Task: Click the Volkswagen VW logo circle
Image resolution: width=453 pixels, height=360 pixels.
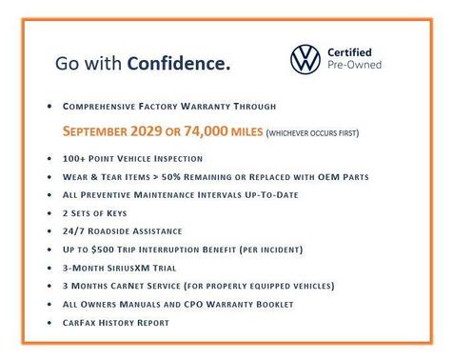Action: point(305,59)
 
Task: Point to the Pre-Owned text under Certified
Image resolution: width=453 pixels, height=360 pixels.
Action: point(354,66)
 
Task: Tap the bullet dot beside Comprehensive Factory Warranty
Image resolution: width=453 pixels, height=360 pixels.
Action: point(49,106)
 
